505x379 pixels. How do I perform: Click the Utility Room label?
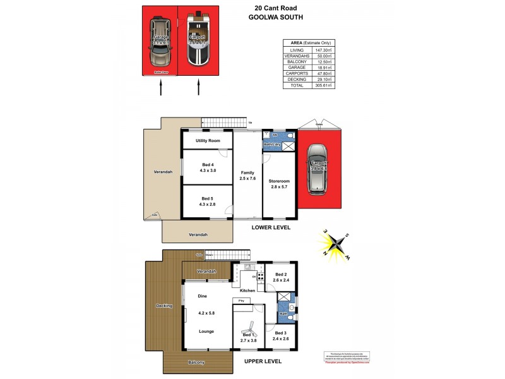click(x=208, y=140)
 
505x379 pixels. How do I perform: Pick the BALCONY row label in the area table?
click(x=296, y=61)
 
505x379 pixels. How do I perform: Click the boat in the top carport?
click(x=198, y=39)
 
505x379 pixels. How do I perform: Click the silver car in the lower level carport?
click(x=317, y=169)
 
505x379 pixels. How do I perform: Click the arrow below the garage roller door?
click(x=161, y=88)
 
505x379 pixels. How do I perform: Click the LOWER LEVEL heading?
click(x=270, y=227)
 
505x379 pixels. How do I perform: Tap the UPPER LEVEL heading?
click(x=262, y=361)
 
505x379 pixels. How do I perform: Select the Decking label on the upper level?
click(x=164, y=306)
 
